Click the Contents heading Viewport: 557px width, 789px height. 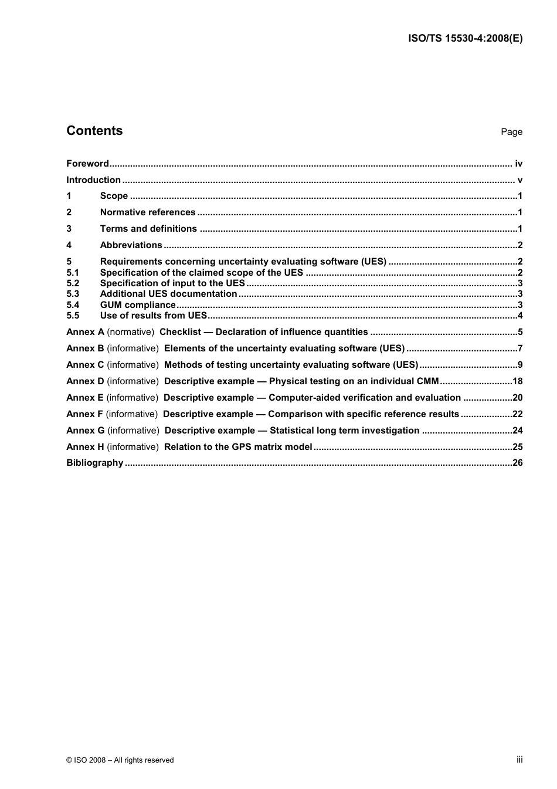(94, 131)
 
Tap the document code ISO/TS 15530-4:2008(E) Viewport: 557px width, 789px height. (465, 39)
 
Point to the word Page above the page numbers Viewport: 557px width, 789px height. (511, 132)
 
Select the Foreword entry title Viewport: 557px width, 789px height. (87, 164)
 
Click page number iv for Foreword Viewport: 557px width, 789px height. (518, 164)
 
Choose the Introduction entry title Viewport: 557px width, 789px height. (93, 180)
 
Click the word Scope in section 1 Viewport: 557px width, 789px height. (114, 196)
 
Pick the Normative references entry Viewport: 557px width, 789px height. (148, 212)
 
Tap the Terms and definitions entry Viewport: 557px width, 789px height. (148, 229)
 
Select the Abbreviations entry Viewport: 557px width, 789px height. (131, 245)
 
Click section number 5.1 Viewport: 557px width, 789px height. (73, 273)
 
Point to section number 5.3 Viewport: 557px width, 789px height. (73, 294)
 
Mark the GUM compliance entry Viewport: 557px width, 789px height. (138, 305)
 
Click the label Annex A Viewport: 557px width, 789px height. (85, 332)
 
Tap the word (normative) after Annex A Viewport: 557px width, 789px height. (131, 332)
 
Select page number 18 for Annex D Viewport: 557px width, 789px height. (517, 381)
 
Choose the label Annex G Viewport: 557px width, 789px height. (86, 431)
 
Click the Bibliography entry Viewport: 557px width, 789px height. (95, 463)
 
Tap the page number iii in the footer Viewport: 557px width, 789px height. (519, 760)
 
